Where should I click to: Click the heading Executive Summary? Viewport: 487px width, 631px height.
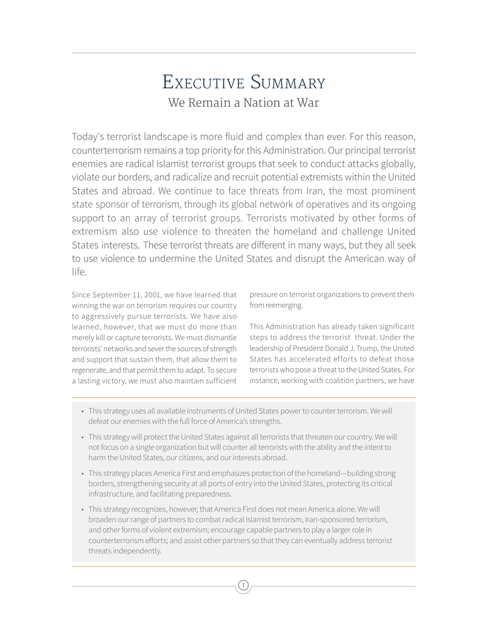243,83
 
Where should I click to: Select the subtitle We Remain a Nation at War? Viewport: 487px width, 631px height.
243,103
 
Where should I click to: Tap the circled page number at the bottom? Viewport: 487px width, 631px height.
243,585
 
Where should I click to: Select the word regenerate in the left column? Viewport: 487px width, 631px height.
91,370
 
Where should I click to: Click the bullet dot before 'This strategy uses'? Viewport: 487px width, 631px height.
83,411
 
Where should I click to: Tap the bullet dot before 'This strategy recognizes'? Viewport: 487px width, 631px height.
83,509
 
